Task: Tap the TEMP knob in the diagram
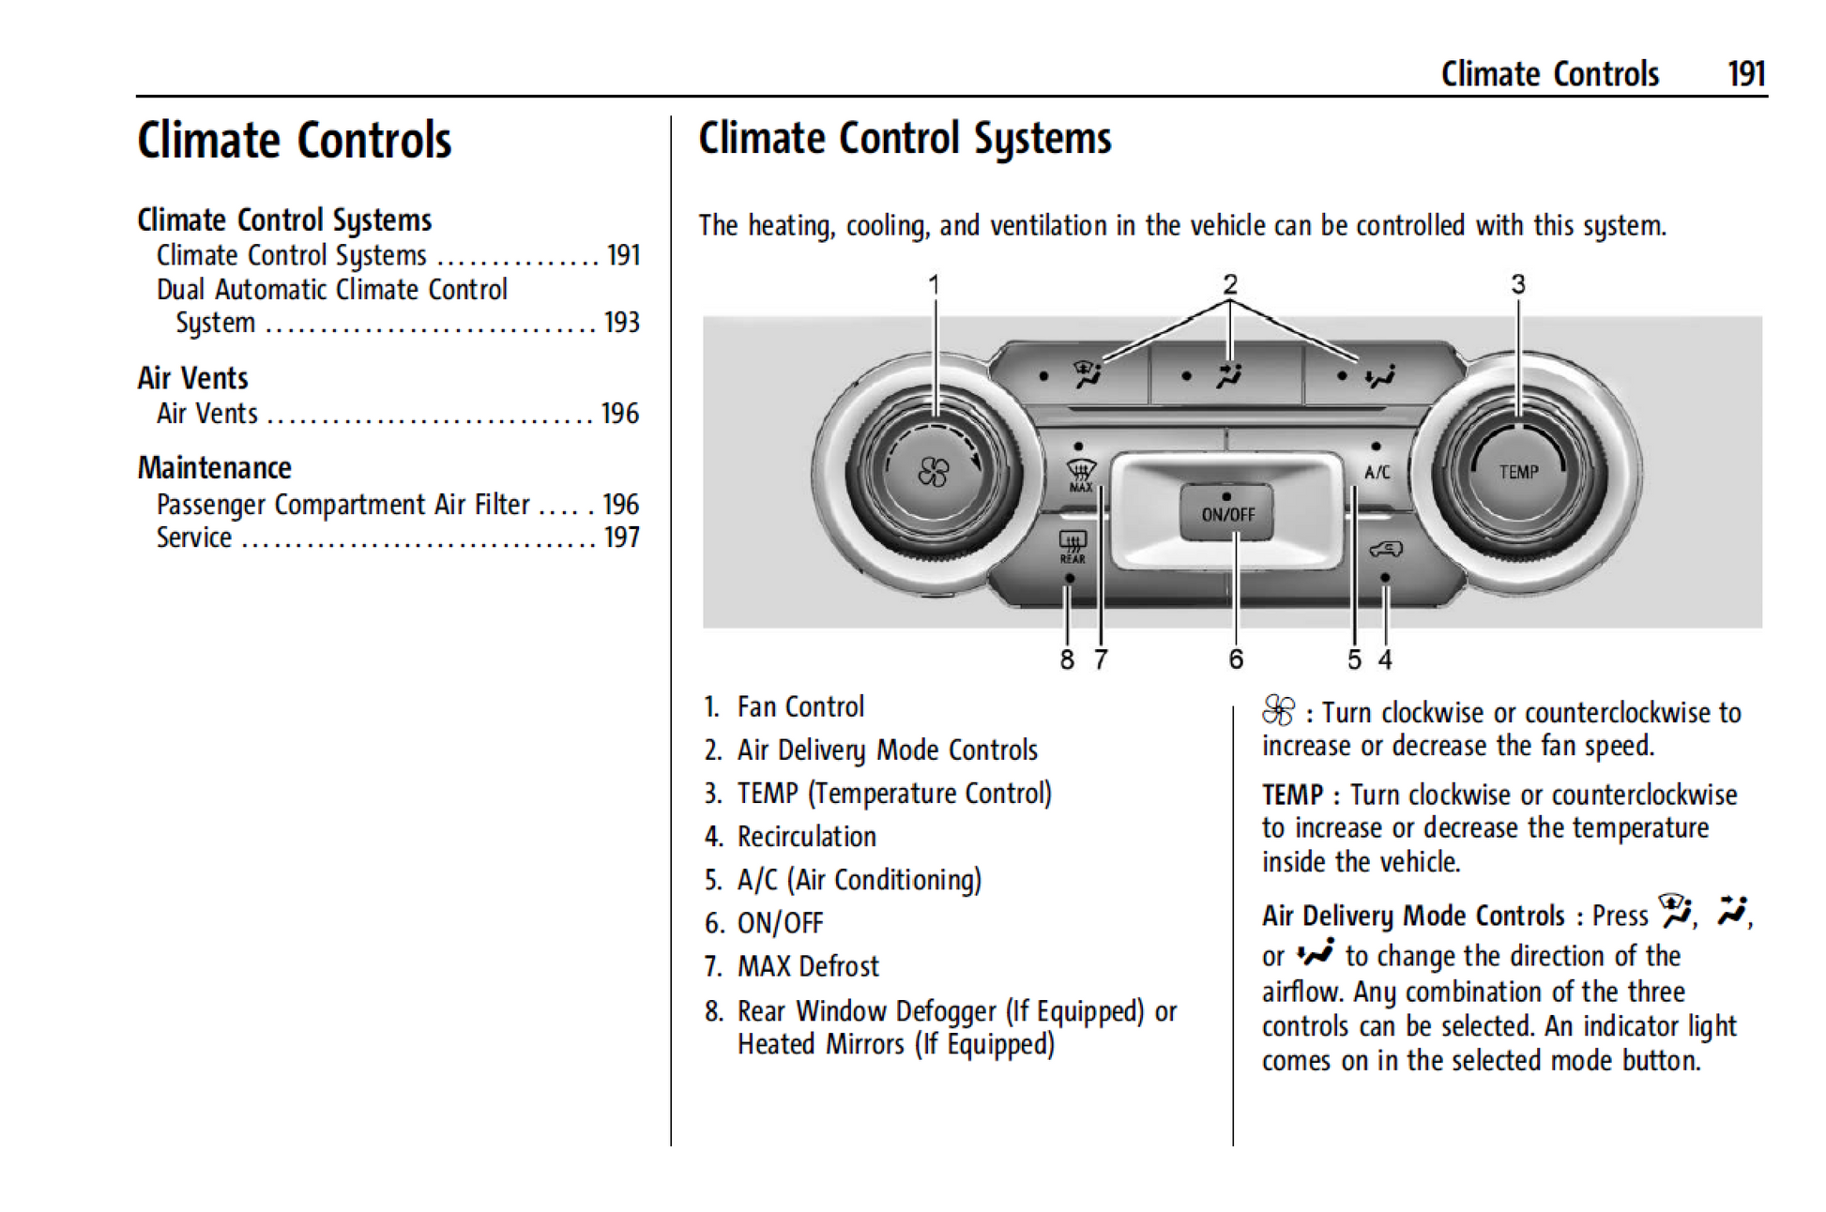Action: pyautogui.click(x=1518, y=471)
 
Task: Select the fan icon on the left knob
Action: pyautogui.click(x=933, y=472)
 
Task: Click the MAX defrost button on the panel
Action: pyautogui.click(x=1080, y=474)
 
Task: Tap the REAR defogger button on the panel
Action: pyautogui.click(x=1073, y=546)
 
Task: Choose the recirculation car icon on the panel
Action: pyautogui.click(x=1386, y=549)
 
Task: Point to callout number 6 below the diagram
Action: pyautogui.click(x=1236, y=659)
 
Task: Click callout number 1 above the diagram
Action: pyautogui.click(x=934, y=284)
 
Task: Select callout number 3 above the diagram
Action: pyautogui.click(x=1518, y=284)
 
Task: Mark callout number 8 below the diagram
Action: pyautogui.click(x=1067, y=659)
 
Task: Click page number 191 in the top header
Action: pyautogui.click(x=1746, y=74)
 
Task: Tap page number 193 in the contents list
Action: pyautogui.click(x=621, y=323)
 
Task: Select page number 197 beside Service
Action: pyautogui.click(x=621, y=538)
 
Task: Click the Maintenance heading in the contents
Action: pyautogui.click(x=215, y=467)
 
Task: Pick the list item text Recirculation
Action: pyautogui.click(x=806, y=836)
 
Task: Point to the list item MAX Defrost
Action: pyautogui.click(x=808, y=966)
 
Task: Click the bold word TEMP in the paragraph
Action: pyautogui.click(x=1292, y=795)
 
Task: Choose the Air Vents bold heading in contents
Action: pyautogui.click(x=193, y=378)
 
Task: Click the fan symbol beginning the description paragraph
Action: pyautogui.click(x=1278, y=711)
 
